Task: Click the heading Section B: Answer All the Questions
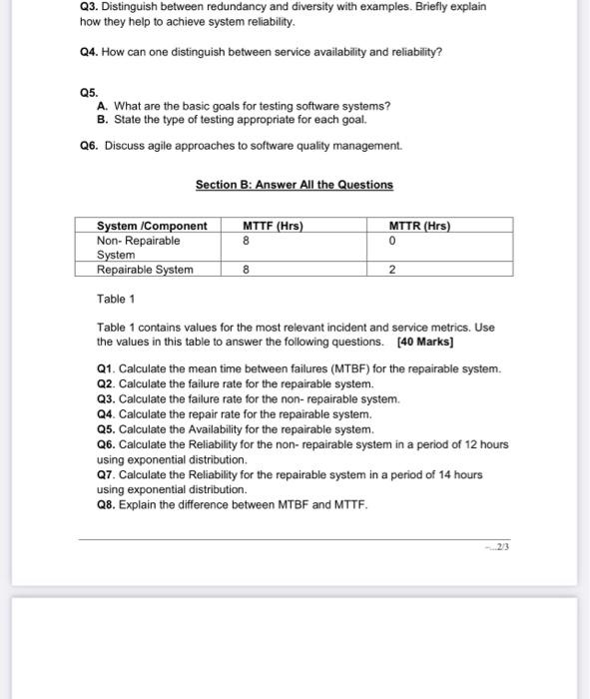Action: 295,185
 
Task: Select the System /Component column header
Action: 152,226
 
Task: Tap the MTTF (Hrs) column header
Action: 273,226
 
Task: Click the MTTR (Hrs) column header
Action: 419,226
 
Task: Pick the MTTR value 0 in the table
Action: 392,241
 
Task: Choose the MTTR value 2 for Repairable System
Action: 392,270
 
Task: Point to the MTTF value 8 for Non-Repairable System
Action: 246,241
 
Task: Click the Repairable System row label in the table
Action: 145,270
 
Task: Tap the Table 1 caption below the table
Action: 116,299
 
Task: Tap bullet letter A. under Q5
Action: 103,106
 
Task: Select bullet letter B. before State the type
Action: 103,119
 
